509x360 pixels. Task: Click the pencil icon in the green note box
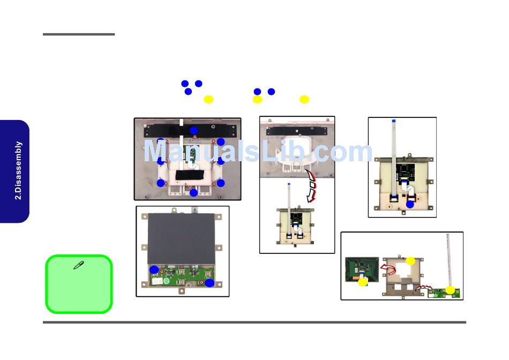click(x=78, y=265)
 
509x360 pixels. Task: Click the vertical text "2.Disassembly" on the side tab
click(x=19, y=170)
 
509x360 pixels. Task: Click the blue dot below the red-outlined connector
click(x=410, y=204)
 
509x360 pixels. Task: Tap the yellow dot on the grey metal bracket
click(x=410, y=261)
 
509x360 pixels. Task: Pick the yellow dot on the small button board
click(x=450, y=290)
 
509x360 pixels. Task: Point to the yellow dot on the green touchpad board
click(x=363, y=282)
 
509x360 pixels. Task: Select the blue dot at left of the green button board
click(x=154, y=269)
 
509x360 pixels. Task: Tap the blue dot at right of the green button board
click(x=209, y=282)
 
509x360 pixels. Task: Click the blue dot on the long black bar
click(x=193, y=130)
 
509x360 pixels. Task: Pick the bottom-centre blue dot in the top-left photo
click(x=193, y=192)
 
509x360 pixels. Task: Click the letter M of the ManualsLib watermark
click(x=155, y=152)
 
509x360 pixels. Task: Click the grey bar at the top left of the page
click(x=79, y=35)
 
